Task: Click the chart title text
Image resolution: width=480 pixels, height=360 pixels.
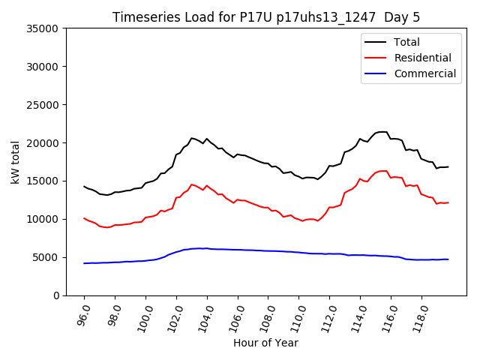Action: pyautogui.click(x=266, y=17)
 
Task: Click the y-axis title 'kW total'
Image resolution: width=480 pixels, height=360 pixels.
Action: pyautogui.click(x=16, y=162)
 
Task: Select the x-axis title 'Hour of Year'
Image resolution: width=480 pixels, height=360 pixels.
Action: pyautogui.click(x=265, y=343)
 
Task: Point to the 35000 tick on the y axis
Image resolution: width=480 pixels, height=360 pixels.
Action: pyautogui.click(x=43, y=28)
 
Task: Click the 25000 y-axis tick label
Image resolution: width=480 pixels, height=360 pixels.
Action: pyautogui.click(x=43, y=105)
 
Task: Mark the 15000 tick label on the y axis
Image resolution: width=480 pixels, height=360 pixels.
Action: pyautogui.click(x=43, y=181)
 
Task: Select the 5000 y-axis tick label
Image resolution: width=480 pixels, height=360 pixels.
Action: pyautogui.click(x=46, y=257)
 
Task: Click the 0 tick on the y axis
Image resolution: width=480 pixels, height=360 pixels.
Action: pyautogui.click(x=57, y=295)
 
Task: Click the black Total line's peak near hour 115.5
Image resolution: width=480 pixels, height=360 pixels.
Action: pyautogui.click(x=382, y=132)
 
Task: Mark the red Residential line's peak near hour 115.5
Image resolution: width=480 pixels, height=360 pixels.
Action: pyautogui.click(x=382, y=171)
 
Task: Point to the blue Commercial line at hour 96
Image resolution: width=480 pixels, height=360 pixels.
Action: pyautogui.click(x=85, y=263)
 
